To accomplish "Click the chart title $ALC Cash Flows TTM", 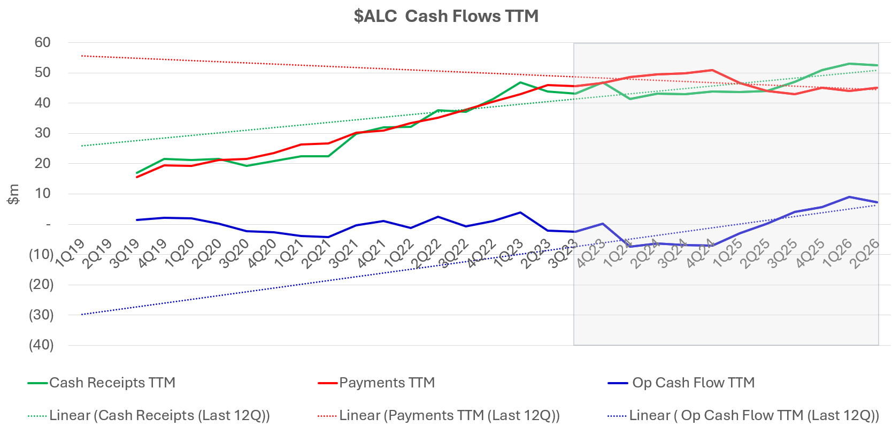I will tap(445, 16).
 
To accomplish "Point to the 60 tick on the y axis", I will tap(43, 42).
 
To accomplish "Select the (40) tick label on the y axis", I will tap(41, 345).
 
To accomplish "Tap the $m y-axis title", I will tap(13, 194).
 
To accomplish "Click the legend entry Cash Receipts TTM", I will tap(112, 383).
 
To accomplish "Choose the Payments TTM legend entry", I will tap(387, 383).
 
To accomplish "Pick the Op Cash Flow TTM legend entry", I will tap(693, 383).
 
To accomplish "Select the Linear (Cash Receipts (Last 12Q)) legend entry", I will tap(159, 415).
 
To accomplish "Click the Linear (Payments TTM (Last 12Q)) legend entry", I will tap(449, 415).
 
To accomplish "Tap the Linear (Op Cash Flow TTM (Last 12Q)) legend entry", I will tap(754, 415).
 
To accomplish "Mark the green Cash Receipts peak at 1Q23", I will tap(520, 82).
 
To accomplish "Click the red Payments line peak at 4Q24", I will tap(712, 70).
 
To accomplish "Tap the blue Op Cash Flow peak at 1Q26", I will tap(849, 197).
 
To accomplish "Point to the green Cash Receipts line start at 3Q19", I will tap(137, 173).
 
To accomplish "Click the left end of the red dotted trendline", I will tap(82, 56).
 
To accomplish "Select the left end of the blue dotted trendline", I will tap(82, 315).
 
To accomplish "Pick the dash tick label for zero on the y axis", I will tap(49, 225).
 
